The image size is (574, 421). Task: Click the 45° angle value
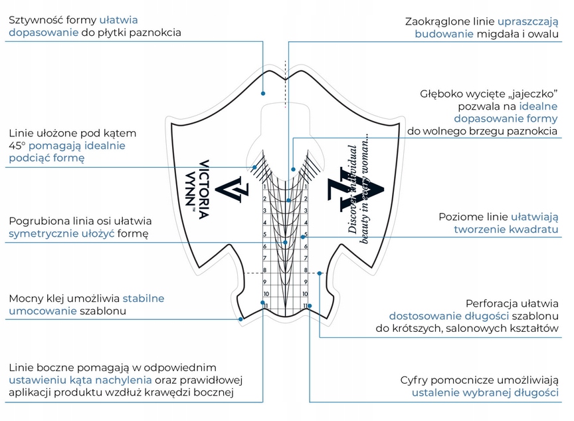tap(17, 146)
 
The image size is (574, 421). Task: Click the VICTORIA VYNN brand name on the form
tap(199, 190)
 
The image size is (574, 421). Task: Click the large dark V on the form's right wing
tap(355, 190)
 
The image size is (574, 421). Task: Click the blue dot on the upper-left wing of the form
tap(263, 93)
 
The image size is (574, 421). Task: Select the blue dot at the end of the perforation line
tap(320, 273)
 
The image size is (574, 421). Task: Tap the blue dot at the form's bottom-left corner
tap(240, 319)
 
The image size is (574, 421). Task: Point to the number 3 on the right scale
tap(306, 211)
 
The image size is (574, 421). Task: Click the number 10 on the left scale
tap(266, 294)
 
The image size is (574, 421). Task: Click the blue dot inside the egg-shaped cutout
tap(293, 170)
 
